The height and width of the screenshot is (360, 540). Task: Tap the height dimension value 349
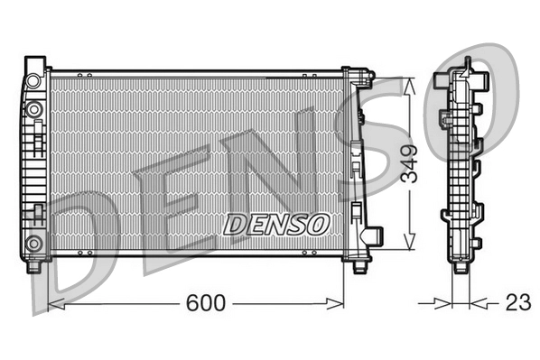coord(411,163)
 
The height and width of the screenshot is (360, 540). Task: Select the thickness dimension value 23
coord(517,303)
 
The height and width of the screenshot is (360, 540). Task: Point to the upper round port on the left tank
coord(34,109)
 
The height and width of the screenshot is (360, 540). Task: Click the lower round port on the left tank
coord(34,242)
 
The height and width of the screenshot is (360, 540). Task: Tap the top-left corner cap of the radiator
coord(34,65)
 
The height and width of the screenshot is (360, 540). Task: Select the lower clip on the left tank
coord(39,213)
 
